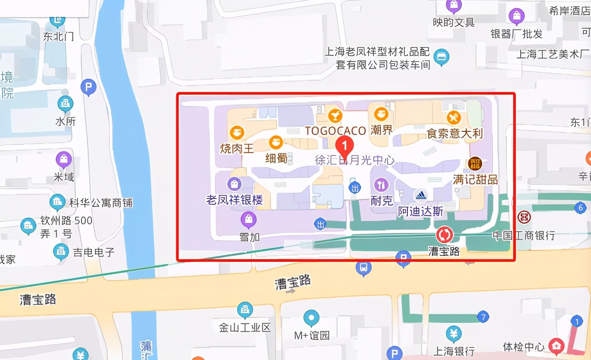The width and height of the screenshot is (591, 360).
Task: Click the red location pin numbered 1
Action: point(345,145)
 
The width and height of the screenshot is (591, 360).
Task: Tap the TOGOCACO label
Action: point(335,131)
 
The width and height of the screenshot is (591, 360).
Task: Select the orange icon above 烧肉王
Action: point(238,132)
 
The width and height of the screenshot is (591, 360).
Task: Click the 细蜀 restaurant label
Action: point(276,158)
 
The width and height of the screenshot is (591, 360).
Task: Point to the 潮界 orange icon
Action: point(381,115)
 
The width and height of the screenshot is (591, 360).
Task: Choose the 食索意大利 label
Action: point(454,133)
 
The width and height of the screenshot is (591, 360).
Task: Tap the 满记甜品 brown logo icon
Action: point(475,163)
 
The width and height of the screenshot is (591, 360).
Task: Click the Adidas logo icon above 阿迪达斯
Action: point(420,195)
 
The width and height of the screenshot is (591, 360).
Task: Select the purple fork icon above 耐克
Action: point(381,185)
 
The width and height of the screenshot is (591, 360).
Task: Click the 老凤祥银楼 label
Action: point(234,200)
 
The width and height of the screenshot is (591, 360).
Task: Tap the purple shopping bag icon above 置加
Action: point(249,219)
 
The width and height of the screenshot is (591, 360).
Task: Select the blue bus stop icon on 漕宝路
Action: point(363,268)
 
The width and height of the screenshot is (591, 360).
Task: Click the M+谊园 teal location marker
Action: point(311,318)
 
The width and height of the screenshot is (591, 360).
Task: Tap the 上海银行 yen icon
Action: point(453,334)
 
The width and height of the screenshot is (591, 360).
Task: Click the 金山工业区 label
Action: point(245,328)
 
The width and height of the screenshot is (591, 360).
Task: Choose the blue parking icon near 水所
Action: point(88,88)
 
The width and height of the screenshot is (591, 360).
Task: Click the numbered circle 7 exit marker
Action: point(483,317)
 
